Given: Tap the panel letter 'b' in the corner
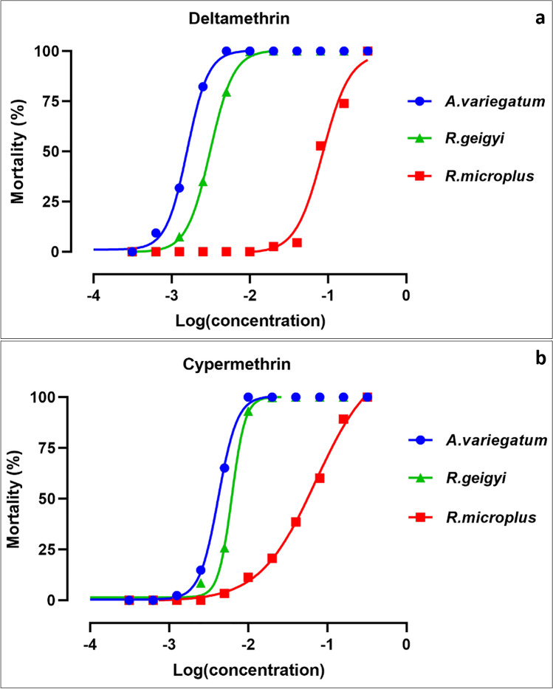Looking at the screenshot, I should [x=540, y=360].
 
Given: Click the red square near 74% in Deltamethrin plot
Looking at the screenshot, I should [x=343, y=103].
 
